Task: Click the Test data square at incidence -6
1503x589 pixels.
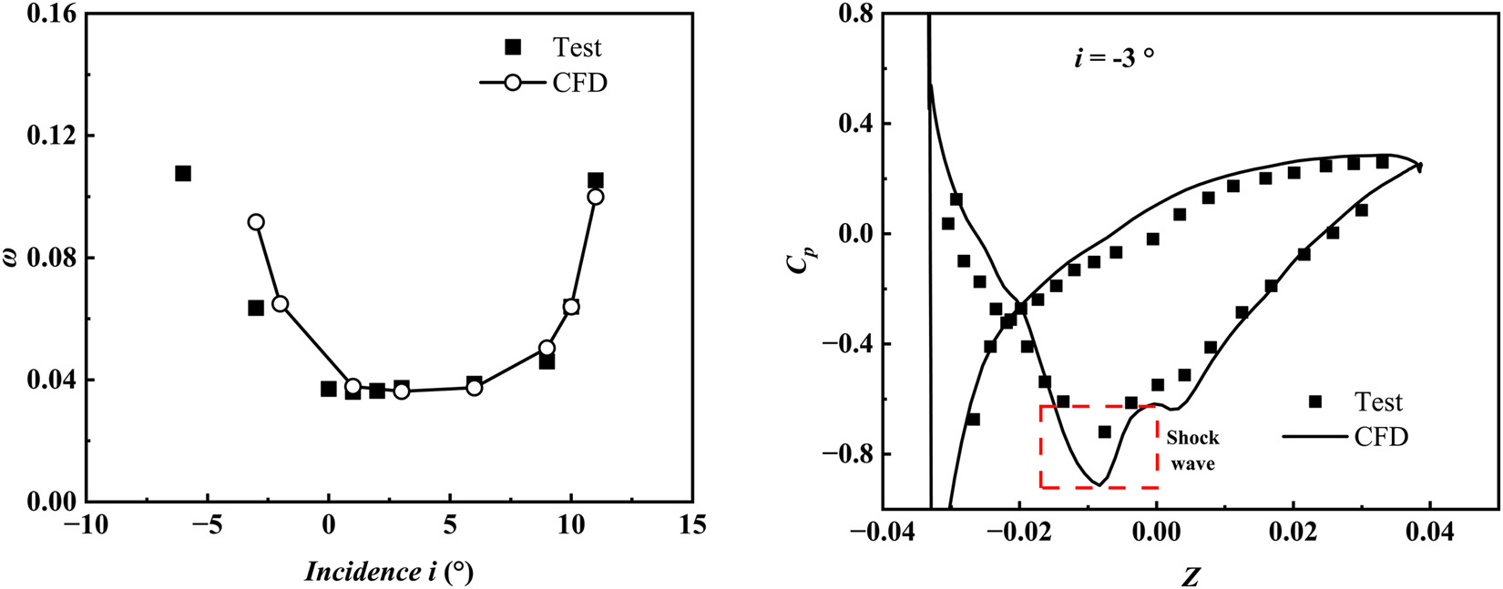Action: pyautogui.click(x=183, y=173)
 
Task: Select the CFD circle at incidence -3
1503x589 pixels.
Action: pyautogui.click(x=256, y=222)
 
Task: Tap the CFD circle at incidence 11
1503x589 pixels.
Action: pyautogui.click(x=596, y=197)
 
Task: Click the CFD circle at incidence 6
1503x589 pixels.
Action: pyautogui.click(x=474, y=388)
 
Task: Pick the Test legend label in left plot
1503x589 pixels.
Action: pyautogui.click(x=577, y=47)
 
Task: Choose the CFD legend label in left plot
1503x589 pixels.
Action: pyautogui.click(x=579, y=83)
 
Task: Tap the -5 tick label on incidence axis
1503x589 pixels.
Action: pyautogui.click(x=207, y=527)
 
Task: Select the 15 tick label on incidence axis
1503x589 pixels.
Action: pyautogui.click(x=692, y=527)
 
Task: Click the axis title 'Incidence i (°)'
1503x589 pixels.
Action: pyautogui.click(x=389, y=571)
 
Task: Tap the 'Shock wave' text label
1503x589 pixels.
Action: pyautogui.click(x=1192, y=451)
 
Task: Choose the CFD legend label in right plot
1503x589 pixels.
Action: pyautogui.click(x=1381, y=437)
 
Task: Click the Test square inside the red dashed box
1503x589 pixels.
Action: pyautogui.click(x=1105, y=432)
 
